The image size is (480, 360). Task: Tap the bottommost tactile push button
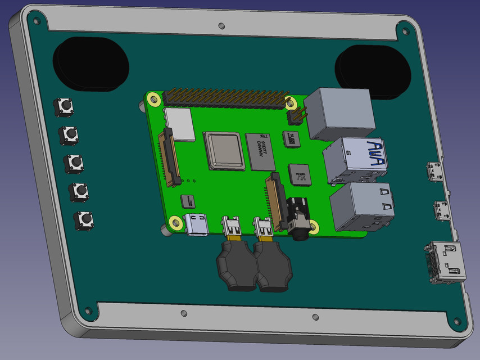(84, 219)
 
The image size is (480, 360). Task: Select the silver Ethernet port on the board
(341, 114)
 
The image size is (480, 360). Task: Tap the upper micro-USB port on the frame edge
(435, 172)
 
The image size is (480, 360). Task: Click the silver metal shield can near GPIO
(180, 123)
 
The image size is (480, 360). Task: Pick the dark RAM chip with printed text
(260, 151)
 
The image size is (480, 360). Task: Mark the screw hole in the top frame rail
(221, 25)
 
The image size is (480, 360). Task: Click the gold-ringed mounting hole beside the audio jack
(314, 226)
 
